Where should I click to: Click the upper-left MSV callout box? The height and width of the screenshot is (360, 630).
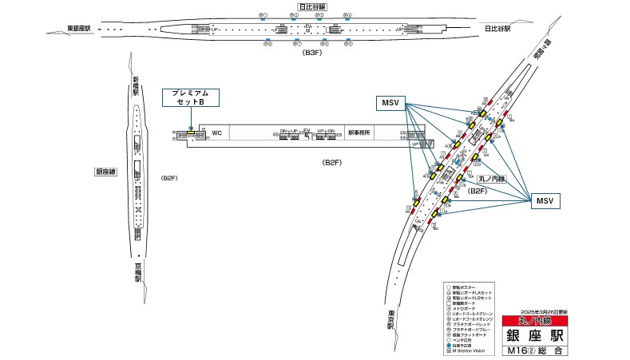[391, 102]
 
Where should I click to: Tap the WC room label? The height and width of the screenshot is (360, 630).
[216, 133]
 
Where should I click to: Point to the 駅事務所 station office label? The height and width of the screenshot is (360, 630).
[359, 133]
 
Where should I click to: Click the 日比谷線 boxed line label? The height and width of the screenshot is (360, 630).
[310, 7]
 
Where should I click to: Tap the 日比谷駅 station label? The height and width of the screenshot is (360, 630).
[497, 30]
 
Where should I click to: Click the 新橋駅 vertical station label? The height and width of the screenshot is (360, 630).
[136, 85]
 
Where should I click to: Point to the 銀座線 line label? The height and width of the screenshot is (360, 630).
[106, 171]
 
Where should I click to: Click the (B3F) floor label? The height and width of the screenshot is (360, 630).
[311, 52]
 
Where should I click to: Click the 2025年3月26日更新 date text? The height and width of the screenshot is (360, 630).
[549, 311]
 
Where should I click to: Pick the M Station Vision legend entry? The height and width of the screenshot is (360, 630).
[471, 349]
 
